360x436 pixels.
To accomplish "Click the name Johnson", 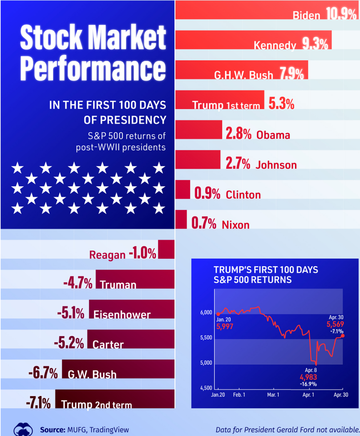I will point(276,165).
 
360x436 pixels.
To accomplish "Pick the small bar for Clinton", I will point(183,189).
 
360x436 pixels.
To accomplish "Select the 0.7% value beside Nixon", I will point(204,224).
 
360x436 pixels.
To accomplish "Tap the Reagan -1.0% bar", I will point(166,250).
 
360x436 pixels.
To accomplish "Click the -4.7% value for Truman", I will point(78,284).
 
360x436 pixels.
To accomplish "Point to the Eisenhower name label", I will point(122,314).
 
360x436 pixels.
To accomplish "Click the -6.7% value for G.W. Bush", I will point(43,373).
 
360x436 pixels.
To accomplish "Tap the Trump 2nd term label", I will point(96,404).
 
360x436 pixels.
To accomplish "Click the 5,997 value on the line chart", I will point(225,326).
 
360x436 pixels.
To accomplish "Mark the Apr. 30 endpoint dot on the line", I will point(343,336).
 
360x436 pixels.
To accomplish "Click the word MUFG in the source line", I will point(74,430).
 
